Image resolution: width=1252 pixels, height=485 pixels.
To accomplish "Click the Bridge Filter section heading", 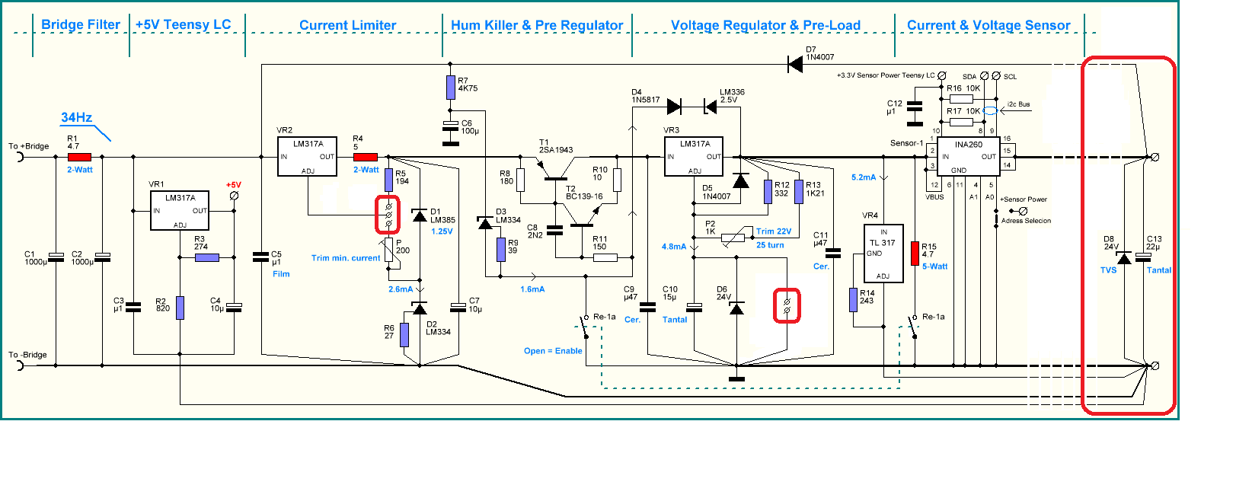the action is click(x=81, y=24).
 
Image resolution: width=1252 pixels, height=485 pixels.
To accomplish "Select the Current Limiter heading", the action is click(x=348, y=25).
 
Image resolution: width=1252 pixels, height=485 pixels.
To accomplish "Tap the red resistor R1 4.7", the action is click(x=79, y=157).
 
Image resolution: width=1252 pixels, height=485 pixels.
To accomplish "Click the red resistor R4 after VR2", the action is click(x=366, y=157).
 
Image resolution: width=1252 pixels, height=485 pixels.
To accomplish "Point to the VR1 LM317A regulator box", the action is click(x=180, y=211).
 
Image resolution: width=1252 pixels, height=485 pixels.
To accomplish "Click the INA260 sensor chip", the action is click(x=968, y=156).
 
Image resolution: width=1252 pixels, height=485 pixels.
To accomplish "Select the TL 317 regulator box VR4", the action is click(x=883, y=254).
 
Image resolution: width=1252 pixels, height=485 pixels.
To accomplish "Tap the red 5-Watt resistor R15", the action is click(x=915, y=253).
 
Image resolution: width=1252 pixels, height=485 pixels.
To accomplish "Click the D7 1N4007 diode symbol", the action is click(x=795, y=64).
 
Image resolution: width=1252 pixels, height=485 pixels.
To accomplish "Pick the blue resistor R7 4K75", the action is click(x=451, y=87).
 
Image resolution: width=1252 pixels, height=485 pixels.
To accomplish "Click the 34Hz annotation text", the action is click(x=77, y=117).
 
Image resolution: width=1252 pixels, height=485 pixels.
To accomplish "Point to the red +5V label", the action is click(x=234, y=185).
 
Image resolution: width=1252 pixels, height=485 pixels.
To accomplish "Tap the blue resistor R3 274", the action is click(x=207, y=257).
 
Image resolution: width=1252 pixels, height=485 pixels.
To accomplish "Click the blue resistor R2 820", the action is click(x=180, y=308).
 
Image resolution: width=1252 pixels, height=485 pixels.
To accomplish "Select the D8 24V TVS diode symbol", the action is click(x=1124, y=257).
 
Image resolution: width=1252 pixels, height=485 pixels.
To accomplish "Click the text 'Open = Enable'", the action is click(x=553, y=351).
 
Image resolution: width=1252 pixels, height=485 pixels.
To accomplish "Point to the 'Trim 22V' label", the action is click(x=774, y=231).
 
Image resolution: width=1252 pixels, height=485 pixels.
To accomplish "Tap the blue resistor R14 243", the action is click(x=853, y=299).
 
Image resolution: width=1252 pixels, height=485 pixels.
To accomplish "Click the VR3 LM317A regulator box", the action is click(x=694, y=156).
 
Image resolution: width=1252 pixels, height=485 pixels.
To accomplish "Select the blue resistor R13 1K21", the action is click(x=799, y=192).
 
